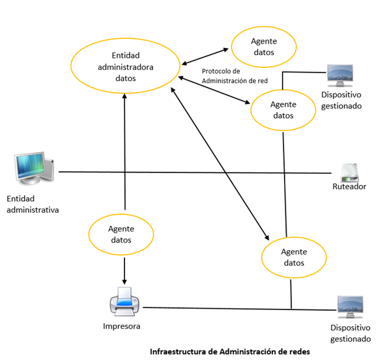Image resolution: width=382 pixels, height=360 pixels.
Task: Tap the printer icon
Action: click(x=125, y=302)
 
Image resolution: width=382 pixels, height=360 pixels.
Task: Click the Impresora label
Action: click(x=121, y=326)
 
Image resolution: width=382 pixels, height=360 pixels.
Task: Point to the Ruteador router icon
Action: click(x=350, y=173)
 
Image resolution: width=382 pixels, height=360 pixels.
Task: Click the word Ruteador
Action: click(x=350, y=187)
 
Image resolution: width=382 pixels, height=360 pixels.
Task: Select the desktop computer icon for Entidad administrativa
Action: click(x=34, y=168)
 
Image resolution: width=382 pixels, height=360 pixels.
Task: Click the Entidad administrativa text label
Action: click(x=32, y=204)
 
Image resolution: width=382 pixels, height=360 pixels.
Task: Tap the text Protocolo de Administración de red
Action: click(x=235, y=76)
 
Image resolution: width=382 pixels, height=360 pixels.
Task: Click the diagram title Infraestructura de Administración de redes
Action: click(x=230, y=352)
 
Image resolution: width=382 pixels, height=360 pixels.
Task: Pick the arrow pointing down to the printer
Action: click(x=125, y=270)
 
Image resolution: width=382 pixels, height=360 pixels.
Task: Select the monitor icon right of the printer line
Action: click(x=350, y=307)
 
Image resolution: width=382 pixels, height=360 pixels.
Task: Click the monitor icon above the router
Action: click(x=340, y=75)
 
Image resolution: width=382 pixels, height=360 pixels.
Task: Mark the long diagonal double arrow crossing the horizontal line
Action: click(x=220, y=164)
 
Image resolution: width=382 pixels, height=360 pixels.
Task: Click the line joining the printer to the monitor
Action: click(x=239, y=309)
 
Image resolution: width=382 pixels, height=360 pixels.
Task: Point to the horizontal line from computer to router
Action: click(x=195, y=173)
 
